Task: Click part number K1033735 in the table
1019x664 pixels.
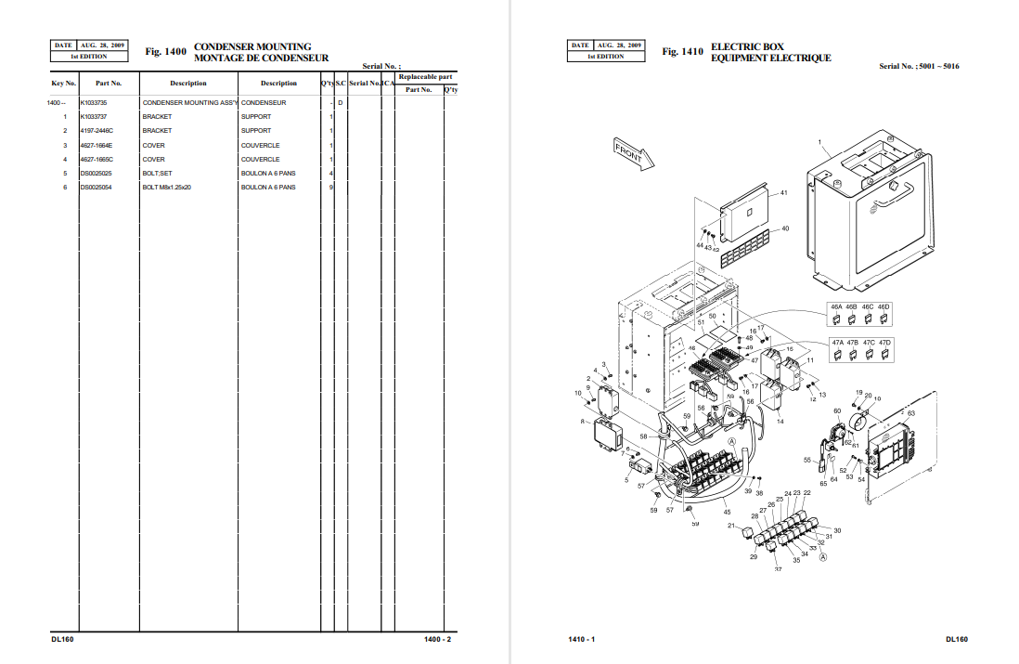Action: tap(94, 102)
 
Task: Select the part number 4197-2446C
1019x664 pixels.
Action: tap(97, 131)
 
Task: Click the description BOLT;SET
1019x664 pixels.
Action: tap(157, 174)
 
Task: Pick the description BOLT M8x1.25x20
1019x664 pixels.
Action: tap(166, 188)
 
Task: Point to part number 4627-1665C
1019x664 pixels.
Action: tap(97, 160)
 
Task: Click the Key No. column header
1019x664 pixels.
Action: tap(63, 84)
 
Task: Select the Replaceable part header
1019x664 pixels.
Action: tap(425, 76)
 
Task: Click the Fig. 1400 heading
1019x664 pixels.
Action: tap(166, 52)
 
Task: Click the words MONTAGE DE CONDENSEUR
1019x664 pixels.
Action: tap(261, 59)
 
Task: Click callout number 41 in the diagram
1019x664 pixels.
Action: tap(784, 192)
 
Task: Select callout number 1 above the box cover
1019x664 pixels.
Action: tap(820, 142)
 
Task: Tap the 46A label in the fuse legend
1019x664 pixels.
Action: tap(836, 306)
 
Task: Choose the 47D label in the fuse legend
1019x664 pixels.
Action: tap(884, 343)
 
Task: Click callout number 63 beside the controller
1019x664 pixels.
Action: tap(910, 413)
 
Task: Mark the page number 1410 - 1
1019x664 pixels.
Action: tap(581, 639)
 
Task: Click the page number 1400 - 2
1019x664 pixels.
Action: tap(437, 639)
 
